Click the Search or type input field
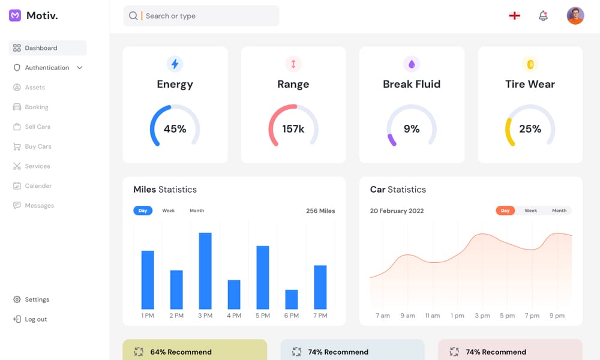[204, 16]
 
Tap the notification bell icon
[543, 16]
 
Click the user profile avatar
[575, 16]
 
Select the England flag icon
[514, 16]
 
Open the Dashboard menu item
[41, 48]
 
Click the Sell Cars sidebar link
[37, 127]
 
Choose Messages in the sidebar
[39, 205]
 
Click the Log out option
[35, 319]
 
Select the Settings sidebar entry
[37, 299]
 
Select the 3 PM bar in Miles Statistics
[205, 271]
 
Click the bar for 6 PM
[292, 299]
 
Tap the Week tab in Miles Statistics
[169, 211]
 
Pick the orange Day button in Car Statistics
[505, 211]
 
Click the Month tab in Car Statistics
[559, 211]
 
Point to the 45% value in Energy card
[175, 129]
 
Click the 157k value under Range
[293, 129]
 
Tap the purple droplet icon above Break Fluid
[412, 64]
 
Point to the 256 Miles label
[320, 211]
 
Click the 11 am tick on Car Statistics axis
[433, 316]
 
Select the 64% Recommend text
[181, 352]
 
